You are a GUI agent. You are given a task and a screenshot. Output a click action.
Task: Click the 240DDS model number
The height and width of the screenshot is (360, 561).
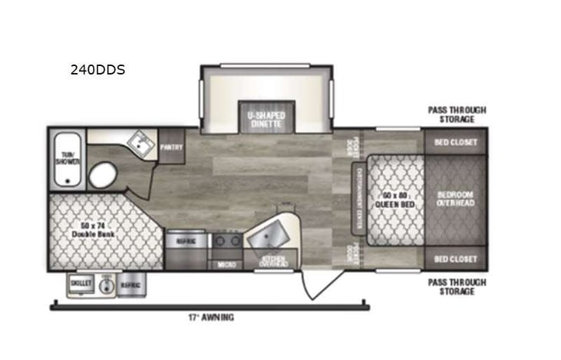(97, 70)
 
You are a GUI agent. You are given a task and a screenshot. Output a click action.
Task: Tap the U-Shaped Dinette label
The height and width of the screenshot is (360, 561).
(266, 119)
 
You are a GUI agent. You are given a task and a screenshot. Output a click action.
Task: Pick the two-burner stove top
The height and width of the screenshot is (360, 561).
(226, 241)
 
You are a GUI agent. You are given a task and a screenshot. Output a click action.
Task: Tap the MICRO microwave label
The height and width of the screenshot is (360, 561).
(226, 264)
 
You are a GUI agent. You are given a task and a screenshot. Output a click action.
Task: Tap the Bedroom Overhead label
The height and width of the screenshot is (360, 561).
(456, 198)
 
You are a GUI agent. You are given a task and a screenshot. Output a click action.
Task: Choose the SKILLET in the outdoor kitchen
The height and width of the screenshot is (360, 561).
(81, 283)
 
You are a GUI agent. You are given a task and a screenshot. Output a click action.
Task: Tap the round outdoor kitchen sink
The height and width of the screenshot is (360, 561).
(107, 284)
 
